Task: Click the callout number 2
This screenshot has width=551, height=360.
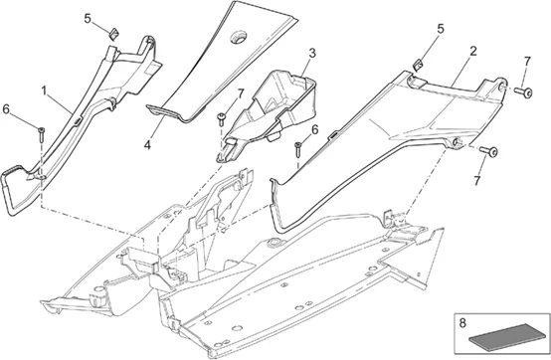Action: pos(472,51)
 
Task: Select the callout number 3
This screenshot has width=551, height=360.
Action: pos(311,53)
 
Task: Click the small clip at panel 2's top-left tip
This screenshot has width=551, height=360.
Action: pos(419,66)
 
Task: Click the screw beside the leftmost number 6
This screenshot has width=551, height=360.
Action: pos(41,132)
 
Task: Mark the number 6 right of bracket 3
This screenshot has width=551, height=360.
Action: pos(314,129)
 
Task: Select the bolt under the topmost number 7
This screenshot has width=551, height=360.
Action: pos(519,91)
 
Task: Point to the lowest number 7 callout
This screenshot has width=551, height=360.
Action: pos(478,182)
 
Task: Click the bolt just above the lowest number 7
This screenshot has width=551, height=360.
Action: pos(487,151)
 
